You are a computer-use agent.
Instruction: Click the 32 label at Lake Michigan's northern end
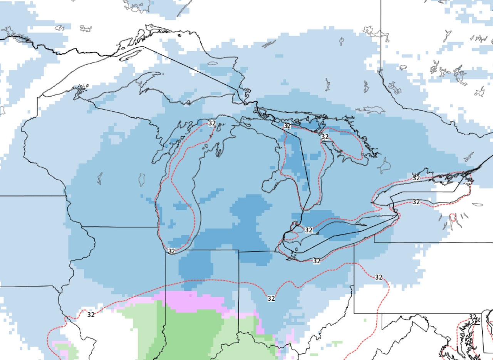click(x=212, y=123)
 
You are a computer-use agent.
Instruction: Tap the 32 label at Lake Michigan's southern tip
click(x=171, y=251)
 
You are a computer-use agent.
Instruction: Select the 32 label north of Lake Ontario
click(x=416, y=178)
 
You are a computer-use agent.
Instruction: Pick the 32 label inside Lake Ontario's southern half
click(x=416, y=202)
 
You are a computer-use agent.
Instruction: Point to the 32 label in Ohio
click(x=271, y=298)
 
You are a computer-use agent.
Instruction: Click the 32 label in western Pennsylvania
click(x=379, y=277)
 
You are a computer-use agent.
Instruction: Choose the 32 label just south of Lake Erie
click(x=317, y=261)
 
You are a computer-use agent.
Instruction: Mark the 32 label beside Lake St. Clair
click(x=309, y=230)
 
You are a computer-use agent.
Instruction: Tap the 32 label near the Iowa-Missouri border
click(x=91, y=315)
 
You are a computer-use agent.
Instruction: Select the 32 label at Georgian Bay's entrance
click(x=325, y=137)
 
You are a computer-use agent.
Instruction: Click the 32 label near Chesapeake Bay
click(x=473, y=317)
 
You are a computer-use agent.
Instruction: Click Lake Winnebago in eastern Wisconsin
click(x=141, y=179)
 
